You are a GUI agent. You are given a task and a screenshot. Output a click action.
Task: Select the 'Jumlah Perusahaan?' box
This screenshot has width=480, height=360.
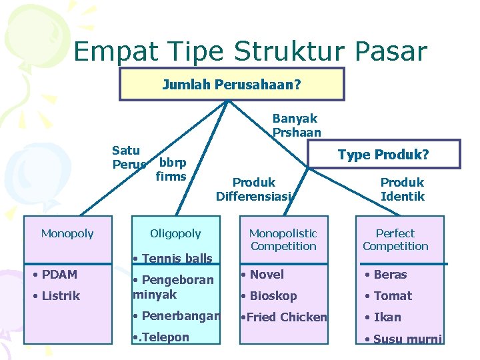pyautogui.click(x=231, y=85)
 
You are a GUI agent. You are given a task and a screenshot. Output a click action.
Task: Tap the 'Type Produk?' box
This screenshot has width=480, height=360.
pyautogui.click(x=383, y=155)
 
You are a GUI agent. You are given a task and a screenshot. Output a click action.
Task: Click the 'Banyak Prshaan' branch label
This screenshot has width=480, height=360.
pyautogui.click(x=296, y=125)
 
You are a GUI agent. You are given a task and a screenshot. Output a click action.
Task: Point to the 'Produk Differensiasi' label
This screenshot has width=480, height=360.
pyautogui.click(x=254, y=189)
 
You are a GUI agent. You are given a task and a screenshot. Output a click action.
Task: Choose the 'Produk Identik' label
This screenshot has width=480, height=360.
pyautogui.click(x=402, y=189)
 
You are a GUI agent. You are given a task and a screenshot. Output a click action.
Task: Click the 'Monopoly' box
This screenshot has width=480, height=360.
pyautogui.click(x=67, y=233)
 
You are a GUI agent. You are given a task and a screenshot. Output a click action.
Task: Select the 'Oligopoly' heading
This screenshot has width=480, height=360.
pyautogui.click(x=175, y=233)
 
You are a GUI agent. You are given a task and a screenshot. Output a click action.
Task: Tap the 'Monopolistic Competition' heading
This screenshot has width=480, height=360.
pyautogui.click(x=283, y=240)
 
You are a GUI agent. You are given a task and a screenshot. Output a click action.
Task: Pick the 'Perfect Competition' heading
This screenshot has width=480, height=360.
pyautogui.click(x=395, y=240)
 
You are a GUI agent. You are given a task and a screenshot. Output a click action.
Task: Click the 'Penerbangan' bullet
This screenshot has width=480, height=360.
pyautogui.click(x=177, y=316)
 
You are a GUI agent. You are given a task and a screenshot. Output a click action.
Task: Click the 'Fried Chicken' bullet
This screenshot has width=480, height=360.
pyautogui.click(x=284, y=317)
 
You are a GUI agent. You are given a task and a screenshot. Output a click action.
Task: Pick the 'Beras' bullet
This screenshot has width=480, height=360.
pyautogui.click(x=386, y=274)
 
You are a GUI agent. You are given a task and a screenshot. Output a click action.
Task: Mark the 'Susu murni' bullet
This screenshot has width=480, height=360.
pyautogui.click(x=403, y=339)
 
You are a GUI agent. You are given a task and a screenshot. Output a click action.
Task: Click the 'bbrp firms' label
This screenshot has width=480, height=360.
pyautogui.click(x=171, y=169)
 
